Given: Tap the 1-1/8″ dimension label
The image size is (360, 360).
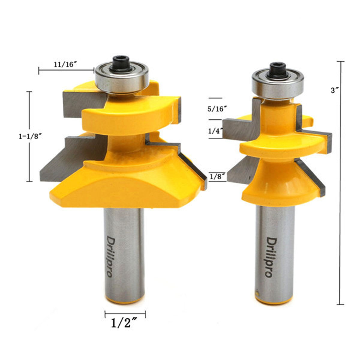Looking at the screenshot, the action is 30,136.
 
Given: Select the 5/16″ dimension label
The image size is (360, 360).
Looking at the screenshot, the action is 218,109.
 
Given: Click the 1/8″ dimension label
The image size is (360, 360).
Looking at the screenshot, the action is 217,176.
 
